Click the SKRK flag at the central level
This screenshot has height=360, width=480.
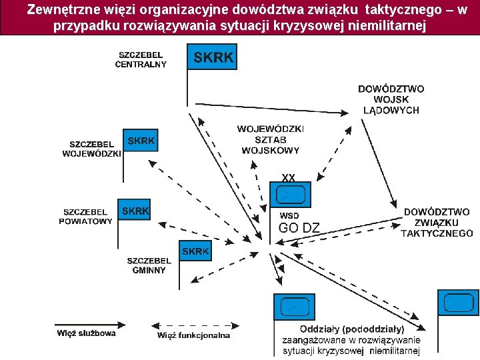213,57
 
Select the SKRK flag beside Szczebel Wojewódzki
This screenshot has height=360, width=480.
141,141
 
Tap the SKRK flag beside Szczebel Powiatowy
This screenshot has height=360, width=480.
135,211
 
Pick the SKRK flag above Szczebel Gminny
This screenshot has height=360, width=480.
195,251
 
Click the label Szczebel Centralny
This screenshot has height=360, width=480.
141,59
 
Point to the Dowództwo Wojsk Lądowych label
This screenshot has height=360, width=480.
391,99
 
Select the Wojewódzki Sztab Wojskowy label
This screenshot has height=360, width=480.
270,139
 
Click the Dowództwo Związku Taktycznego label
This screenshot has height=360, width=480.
437,223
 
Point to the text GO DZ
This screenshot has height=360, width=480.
299,228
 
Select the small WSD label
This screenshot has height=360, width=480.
289,215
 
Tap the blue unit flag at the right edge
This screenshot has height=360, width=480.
458,303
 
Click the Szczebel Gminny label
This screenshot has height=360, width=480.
149,265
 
